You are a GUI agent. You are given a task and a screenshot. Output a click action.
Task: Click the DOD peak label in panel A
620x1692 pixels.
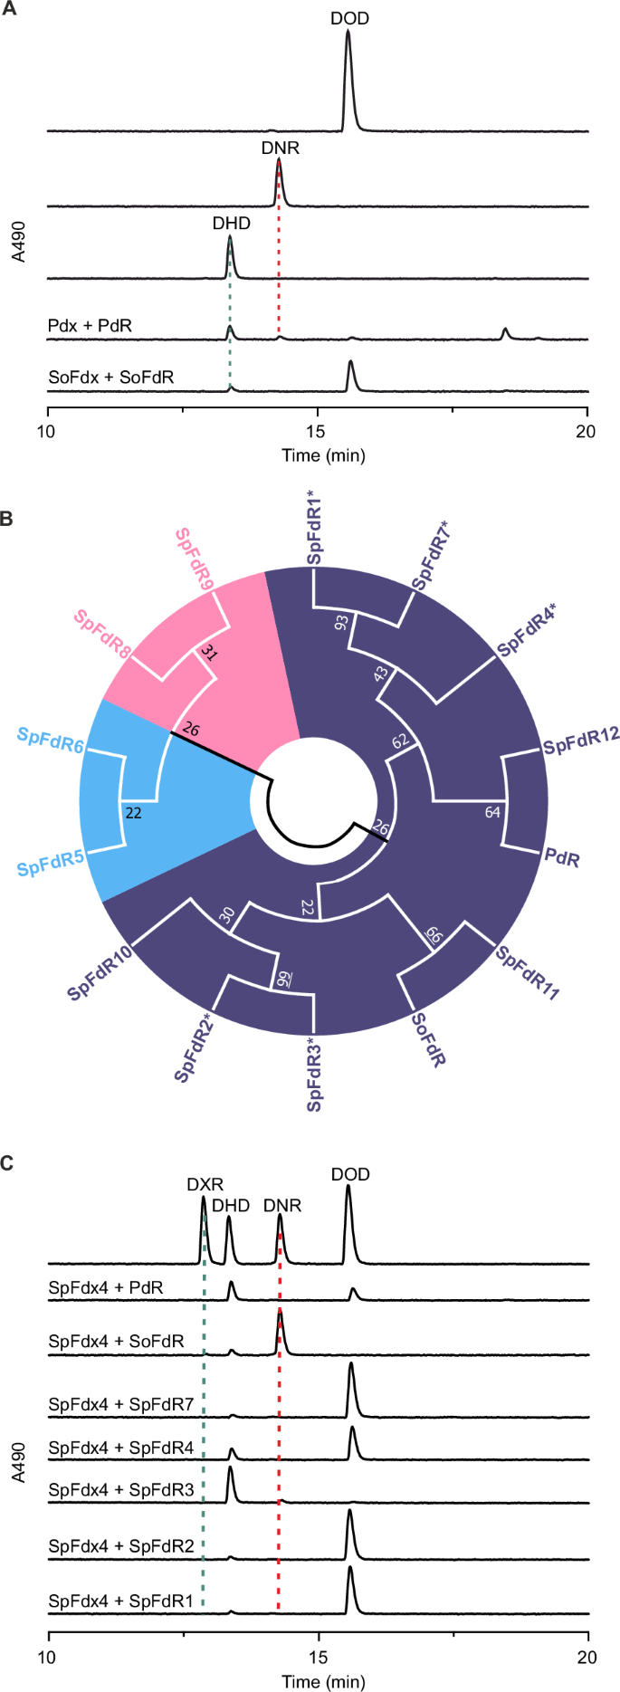(349, 19)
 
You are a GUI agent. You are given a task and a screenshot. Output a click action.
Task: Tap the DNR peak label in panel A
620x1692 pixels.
(280, 148)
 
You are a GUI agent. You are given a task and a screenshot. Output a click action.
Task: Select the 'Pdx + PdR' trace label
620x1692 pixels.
(90, 324)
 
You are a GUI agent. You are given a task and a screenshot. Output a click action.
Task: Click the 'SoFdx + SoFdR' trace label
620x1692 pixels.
(110, 377)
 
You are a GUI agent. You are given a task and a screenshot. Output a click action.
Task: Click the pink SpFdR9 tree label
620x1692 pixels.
(195, 559)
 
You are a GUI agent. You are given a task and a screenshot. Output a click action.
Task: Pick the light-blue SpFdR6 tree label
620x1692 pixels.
(50, 742)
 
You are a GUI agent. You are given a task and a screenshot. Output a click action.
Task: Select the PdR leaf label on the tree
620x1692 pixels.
(562, 858)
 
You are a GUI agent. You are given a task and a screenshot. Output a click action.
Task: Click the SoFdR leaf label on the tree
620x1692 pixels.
(428, 1039)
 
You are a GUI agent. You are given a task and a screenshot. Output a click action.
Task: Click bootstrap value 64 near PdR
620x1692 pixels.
(492, 812)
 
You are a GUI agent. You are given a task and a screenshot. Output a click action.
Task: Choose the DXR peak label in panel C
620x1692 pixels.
(205, 1184)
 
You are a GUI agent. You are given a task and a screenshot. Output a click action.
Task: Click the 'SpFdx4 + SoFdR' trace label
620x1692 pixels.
(116, 1342)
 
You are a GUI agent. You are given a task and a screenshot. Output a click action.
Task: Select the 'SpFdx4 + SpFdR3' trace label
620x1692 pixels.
(121, 1489)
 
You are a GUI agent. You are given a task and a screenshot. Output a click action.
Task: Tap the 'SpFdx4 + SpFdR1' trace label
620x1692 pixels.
(121, 1601)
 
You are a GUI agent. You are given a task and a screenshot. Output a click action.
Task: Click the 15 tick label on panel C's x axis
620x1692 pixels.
(319, 1657)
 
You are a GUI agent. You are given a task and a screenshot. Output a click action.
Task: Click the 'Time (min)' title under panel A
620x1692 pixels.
(323, 455)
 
